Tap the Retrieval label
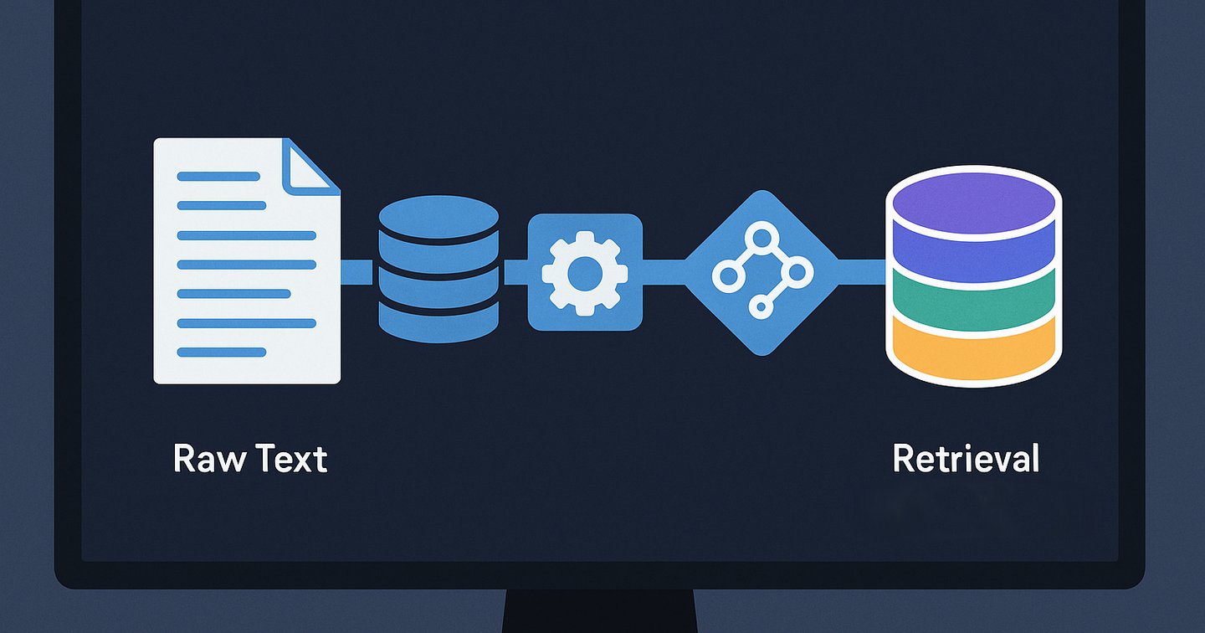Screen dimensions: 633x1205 966,459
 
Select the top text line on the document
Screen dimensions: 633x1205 218,177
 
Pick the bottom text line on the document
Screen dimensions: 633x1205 222,353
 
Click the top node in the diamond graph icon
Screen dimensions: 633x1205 761,237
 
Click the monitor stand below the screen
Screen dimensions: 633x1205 600,611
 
